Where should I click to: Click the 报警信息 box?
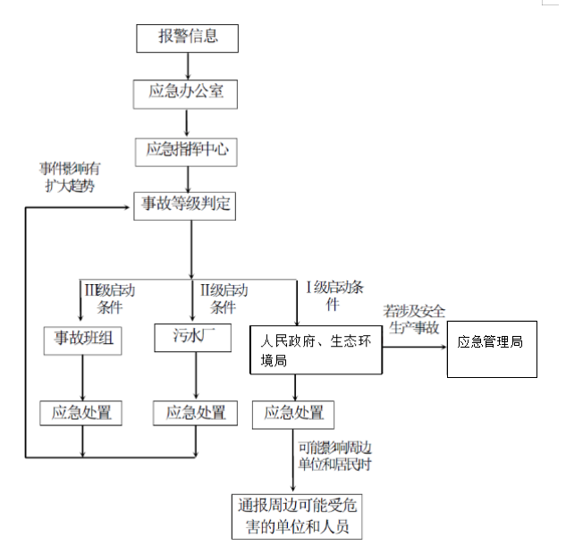189,38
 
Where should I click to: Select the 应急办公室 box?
189,93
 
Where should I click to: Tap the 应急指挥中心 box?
189,149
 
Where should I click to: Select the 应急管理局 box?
491,343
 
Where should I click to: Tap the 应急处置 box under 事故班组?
82,413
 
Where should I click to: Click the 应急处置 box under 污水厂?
196,413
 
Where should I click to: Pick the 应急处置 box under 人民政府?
295,414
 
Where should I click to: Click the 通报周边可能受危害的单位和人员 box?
297,516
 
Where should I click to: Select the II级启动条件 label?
224,298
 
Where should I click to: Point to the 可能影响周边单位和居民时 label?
334,454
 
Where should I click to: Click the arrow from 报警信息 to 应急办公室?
189,66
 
